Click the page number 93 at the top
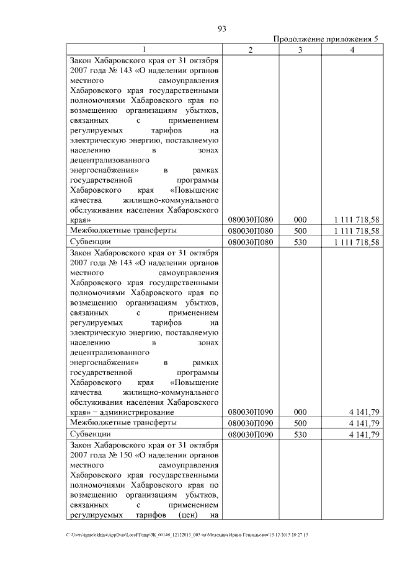(x=222, y=28)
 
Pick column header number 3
(x=300, y=50)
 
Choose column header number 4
(x=352, y=50)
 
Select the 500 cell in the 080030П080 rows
(x=300, y=231)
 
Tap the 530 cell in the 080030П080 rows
(x=300, y=242)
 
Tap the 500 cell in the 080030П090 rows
(x=300, y=423)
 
